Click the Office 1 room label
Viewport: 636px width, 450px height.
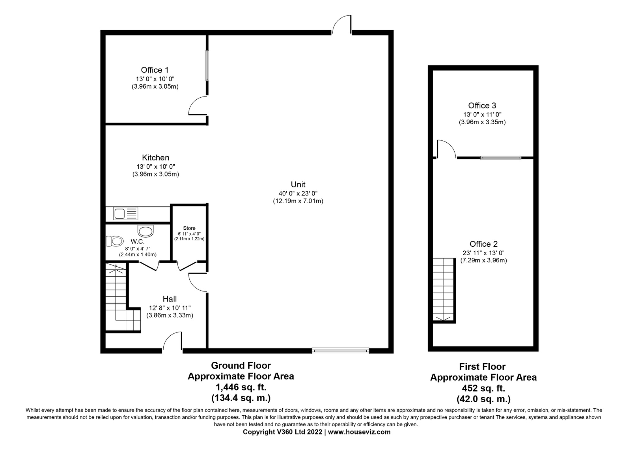point(155,70)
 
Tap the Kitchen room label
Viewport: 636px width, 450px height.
point(156,158)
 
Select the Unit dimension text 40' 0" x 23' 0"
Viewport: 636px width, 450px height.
point(298,193)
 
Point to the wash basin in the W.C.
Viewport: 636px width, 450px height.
point(146,231)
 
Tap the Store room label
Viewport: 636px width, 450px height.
point(189,228)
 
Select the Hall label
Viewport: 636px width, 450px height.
point(170,299)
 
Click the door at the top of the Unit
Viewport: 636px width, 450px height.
point(342,24)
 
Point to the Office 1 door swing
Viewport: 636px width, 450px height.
point(198,106)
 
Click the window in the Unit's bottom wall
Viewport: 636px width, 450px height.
point(340,351)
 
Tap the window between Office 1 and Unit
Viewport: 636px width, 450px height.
point(207,66)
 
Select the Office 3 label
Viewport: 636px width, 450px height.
point(482,105)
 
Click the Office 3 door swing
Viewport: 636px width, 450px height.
point(446,149)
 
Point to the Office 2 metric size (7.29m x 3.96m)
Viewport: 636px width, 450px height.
point(483,260)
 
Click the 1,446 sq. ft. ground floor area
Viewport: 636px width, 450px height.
point(241,387)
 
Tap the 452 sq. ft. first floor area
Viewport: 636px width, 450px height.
point(483,388)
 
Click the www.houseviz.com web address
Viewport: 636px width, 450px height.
point(359,432)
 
